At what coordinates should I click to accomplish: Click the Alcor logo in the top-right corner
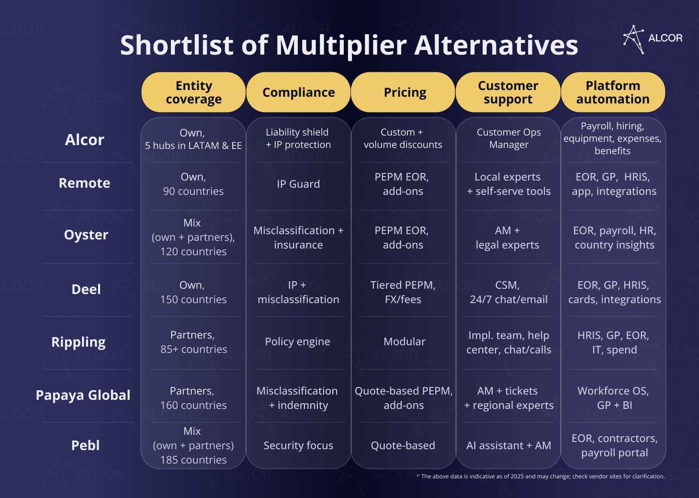pyautogui.click(x=653, y=39)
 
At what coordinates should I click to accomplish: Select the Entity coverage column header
pyautogui.click(x=193, y=92)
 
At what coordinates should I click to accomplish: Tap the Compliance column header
pyautogui.click(x=298, y=92)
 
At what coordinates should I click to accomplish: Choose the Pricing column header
pyautogui.click(x=405, y=92)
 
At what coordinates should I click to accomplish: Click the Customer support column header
pyautogui.click(x=508, y=92)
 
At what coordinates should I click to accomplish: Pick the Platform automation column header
pyautogui.click(x=613, y=92)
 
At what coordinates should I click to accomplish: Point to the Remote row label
pyautogui.click(x=84, y=183)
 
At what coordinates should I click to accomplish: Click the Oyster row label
pyautogui.click(x=86, y=235)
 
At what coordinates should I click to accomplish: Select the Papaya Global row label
pyautogui.click(x=83, y=395)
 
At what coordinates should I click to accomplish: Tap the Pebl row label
pyautogui.click(x=85, y=445)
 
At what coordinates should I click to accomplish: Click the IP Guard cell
pyautogui.click(x=298, y=184)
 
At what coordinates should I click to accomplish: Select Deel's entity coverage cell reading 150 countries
pyautogui.click(x=193, y=292)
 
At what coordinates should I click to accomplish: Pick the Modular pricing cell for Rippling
pyautogui.click(x=404, y=341)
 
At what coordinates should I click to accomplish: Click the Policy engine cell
pyautogui.click(x=297, y=341)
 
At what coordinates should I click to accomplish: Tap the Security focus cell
pyautogui.click(x=298, y=445)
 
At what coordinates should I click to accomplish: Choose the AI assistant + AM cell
pyautogui.click(x=508, y=445)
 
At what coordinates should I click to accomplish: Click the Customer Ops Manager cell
pyautogui.click(x=508, y=138)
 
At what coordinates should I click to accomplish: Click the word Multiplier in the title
pyautogui.click(x=341, y=45)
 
